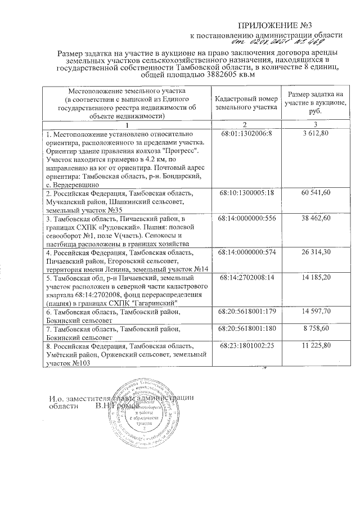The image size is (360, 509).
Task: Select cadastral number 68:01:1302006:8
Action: coord(246,136)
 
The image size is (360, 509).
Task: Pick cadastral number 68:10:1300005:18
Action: coord(246,193)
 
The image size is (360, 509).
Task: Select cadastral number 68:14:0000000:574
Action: coord(246,253)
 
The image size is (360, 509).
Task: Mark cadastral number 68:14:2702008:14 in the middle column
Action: coord(246,278)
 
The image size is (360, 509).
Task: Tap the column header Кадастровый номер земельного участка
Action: coord(246,101)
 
